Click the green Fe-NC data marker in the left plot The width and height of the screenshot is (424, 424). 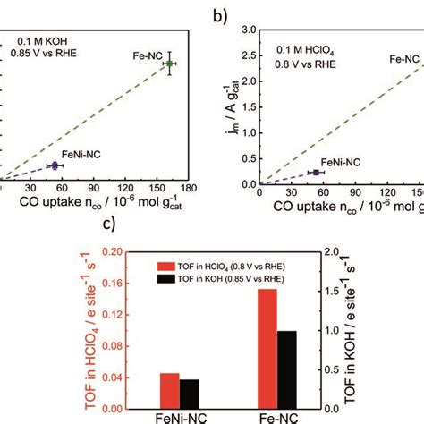pos(170,64)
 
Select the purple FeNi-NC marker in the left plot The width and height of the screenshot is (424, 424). pos(53,165)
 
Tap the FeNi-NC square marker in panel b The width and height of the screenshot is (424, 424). pos(315,172)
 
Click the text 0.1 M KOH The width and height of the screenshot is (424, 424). pos(34,40)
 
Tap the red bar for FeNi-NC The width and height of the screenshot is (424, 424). pos(170,391)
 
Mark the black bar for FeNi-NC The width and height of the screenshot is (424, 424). pos(189,394)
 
